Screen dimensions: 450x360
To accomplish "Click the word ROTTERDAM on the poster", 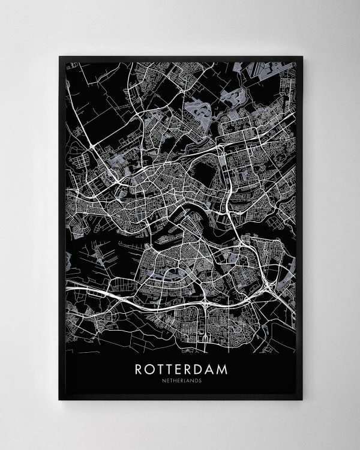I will tap(181, 368).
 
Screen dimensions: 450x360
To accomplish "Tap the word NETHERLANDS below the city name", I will tap(181, 381).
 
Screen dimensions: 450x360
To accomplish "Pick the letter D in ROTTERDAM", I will tap(203, 368).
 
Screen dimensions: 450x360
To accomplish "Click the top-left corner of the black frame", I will tap(59, 57).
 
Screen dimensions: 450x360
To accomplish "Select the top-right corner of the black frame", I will tap(302, 57).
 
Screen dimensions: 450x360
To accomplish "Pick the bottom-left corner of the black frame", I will tap(59, 400).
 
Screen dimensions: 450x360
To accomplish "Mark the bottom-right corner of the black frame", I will tap(302, 400).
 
